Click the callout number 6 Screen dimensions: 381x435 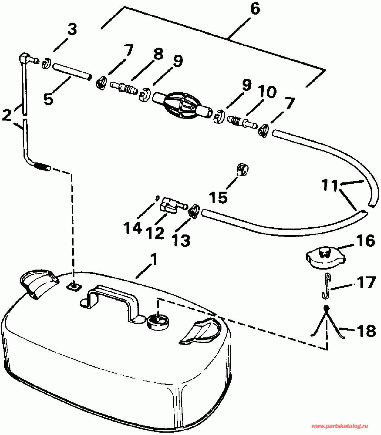(x=255, y=9)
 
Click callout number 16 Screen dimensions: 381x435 (x=365, y=240)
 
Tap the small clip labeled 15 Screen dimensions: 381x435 (x=242, y=170)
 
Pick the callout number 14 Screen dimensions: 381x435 (x=132, y=228)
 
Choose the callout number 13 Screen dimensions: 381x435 (x=182, y=240)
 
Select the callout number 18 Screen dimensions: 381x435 (x=366, y=330)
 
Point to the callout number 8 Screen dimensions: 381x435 (x=158, y=54)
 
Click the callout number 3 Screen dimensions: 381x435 (x=72, y=29)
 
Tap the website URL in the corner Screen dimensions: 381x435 (x=339, y=426)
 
